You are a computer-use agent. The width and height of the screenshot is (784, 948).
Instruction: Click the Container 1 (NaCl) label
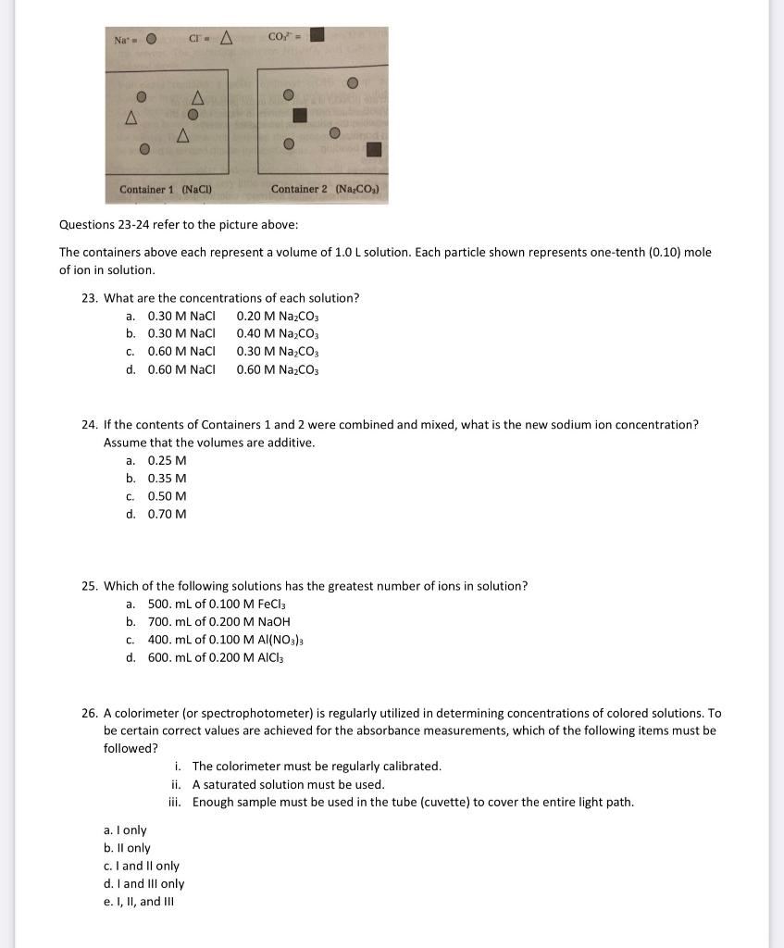coord(167,189)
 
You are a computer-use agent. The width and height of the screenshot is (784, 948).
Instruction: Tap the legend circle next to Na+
coord(150,38)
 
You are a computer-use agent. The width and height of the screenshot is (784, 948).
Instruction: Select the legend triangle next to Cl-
coord(224,37)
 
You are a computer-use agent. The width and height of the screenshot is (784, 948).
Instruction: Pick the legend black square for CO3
coord(317,36)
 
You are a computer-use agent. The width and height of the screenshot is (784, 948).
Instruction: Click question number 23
coord(90,298)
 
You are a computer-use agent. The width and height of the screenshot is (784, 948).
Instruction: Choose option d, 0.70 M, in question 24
coord(167,514)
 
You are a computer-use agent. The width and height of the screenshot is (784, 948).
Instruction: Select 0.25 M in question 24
coord(167,460)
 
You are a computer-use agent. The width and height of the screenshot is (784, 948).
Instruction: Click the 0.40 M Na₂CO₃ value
coord(277,333)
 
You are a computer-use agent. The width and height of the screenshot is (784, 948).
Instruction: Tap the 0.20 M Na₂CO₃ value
coord(277,316)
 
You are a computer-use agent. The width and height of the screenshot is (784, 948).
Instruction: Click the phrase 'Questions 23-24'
coord(103,225)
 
